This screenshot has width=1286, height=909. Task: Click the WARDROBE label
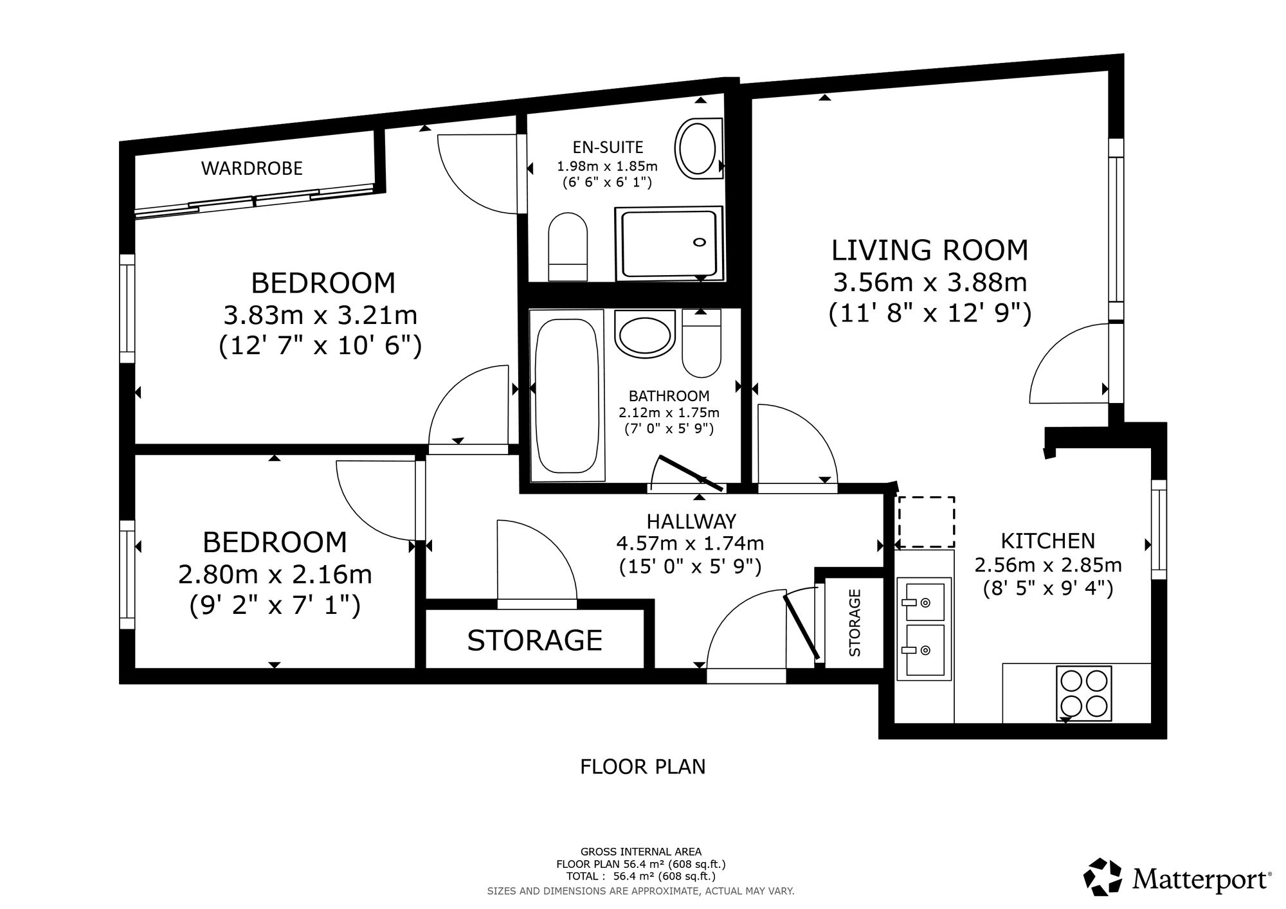point(252,168)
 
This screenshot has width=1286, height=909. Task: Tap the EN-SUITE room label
point(608,148)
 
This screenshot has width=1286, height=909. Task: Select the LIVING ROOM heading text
point(930,250)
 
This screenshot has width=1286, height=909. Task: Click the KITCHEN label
point(1048,541)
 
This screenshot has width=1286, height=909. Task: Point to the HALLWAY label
point(691,521)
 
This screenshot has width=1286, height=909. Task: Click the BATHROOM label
point(669,396)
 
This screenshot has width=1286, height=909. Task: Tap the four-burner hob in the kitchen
point(1083,694)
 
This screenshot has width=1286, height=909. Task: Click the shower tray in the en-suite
point(669,244)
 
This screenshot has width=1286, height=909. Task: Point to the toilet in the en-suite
point(568,248)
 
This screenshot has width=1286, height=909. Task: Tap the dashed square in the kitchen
point(927,522)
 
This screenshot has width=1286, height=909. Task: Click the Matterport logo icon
point(1103,877)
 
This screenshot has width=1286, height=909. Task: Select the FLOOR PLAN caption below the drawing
point(643,767)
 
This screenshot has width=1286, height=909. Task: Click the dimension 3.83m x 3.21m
point(320,316)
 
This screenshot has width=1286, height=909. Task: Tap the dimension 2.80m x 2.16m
point(275,575)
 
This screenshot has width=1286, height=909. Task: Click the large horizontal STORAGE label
point(534,640)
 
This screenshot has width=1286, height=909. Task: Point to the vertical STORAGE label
point(855,623)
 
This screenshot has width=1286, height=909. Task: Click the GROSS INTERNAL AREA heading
point(641,852)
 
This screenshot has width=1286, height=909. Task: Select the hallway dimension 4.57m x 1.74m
point(690,544)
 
